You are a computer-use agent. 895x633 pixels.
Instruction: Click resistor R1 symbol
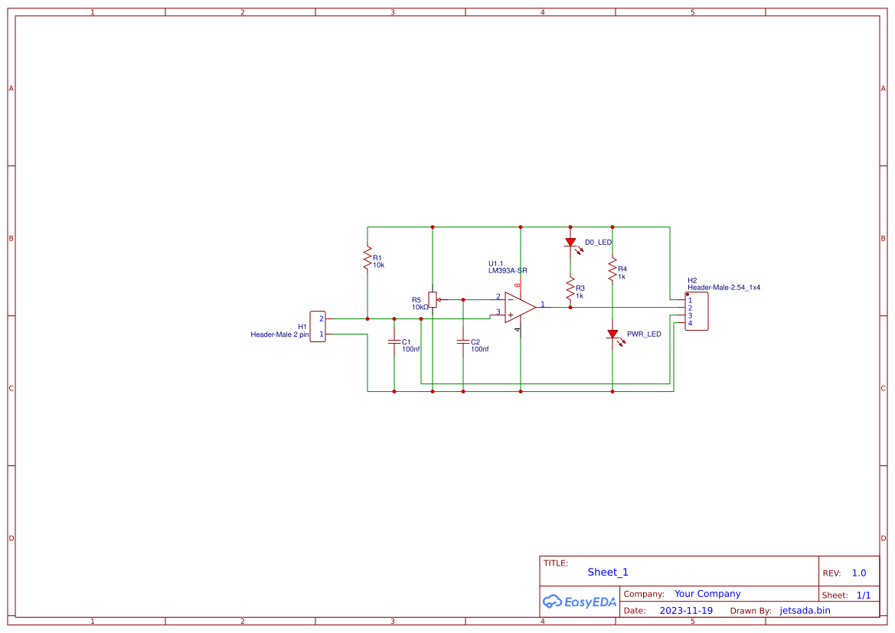pyautogui.click(x=367, y=258)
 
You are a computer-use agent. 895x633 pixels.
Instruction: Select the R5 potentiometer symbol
pyautogui.click(x=433, y=299)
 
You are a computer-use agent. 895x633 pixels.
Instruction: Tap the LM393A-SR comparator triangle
pyautogui.click(x=520, y=307)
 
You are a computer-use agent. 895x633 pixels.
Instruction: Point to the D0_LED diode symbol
pyautogui.click(x=570, y=243)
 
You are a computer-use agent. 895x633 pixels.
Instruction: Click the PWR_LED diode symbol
pyautogui.click(x=612, y=334)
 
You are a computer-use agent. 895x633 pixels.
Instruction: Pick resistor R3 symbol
pyautogui.click(x=570, y=289)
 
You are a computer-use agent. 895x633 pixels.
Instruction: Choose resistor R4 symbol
pyautogui.click(x=612, y=269)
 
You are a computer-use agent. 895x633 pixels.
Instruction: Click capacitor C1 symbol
pyautogui.click(x=394, y=342)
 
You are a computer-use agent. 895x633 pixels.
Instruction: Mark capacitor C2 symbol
pyautogui.click(x=463, y=342)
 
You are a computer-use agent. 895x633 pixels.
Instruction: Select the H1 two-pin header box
pyautogui.click(x=318, y=326)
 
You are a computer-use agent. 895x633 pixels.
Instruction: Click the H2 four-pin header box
pyautogui.click(x=697, y=311)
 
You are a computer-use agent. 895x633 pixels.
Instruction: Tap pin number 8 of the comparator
pyautogui.click(x=518, y=286)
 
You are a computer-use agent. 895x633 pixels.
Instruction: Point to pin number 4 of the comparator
pyautogui.click(x=518, y=330)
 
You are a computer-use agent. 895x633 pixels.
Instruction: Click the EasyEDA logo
pyautogui.click(x=580, y=602)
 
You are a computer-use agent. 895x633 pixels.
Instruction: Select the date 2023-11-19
pyautogui.click(x=686, y=611)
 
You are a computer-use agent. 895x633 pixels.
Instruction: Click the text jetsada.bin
pyautogui.click(x=805, y=611)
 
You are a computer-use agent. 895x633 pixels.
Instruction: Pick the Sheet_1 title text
pyautogui.click(x=608, y=572)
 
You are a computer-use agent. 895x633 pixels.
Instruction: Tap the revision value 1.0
pyautogui.click(x=859, y=573)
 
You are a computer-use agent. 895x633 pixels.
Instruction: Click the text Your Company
pyautogui.click(x=707, y=594)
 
